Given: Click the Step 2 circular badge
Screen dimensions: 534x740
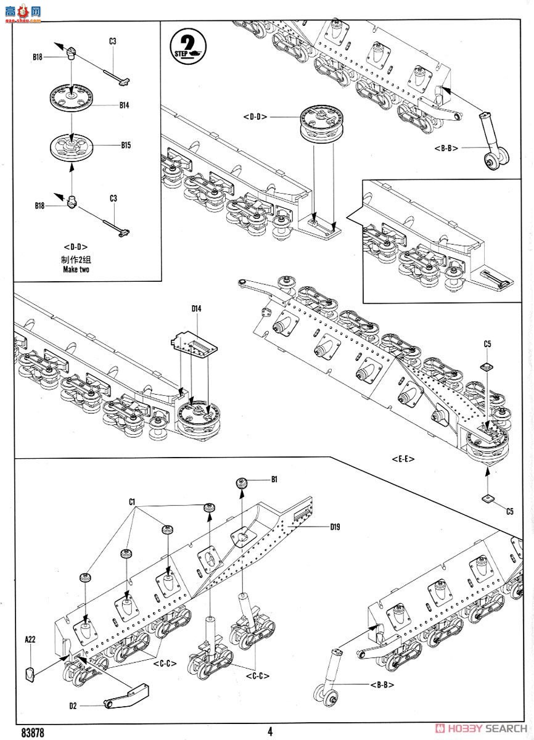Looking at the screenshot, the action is [188, 47].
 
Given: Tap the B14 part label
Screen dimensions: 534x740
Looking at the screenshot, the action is [124, 105].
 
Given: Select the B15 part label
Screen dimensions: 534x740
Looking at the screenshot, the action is [126, 145].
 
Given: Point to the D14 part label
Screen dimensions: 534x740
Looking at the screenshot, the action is [196, 308].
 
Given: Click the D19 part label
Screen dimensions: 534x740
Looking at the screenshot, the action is [335, 527].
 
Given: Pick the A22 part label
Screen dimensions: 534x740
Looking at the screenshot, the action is [30, 639].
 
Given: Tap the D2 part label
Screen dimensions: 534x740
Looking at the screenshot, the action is [73, 706].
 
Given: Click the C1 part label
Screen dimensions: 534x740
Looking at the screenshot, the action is [132, 502].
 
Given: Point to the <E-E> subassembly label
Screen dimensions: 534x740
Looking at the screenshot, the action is [403, 459].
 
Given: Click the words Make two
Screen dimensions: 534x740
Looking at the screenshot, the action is [76, 269].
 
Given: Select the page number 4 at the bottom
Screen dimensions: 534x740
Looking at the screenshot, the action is [270, 731].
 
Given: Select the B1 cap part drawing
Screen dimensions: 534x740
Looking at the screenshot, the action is [241, 483].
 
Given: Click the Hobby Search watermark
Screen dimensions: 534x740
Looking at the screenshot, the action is [481, 728].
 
